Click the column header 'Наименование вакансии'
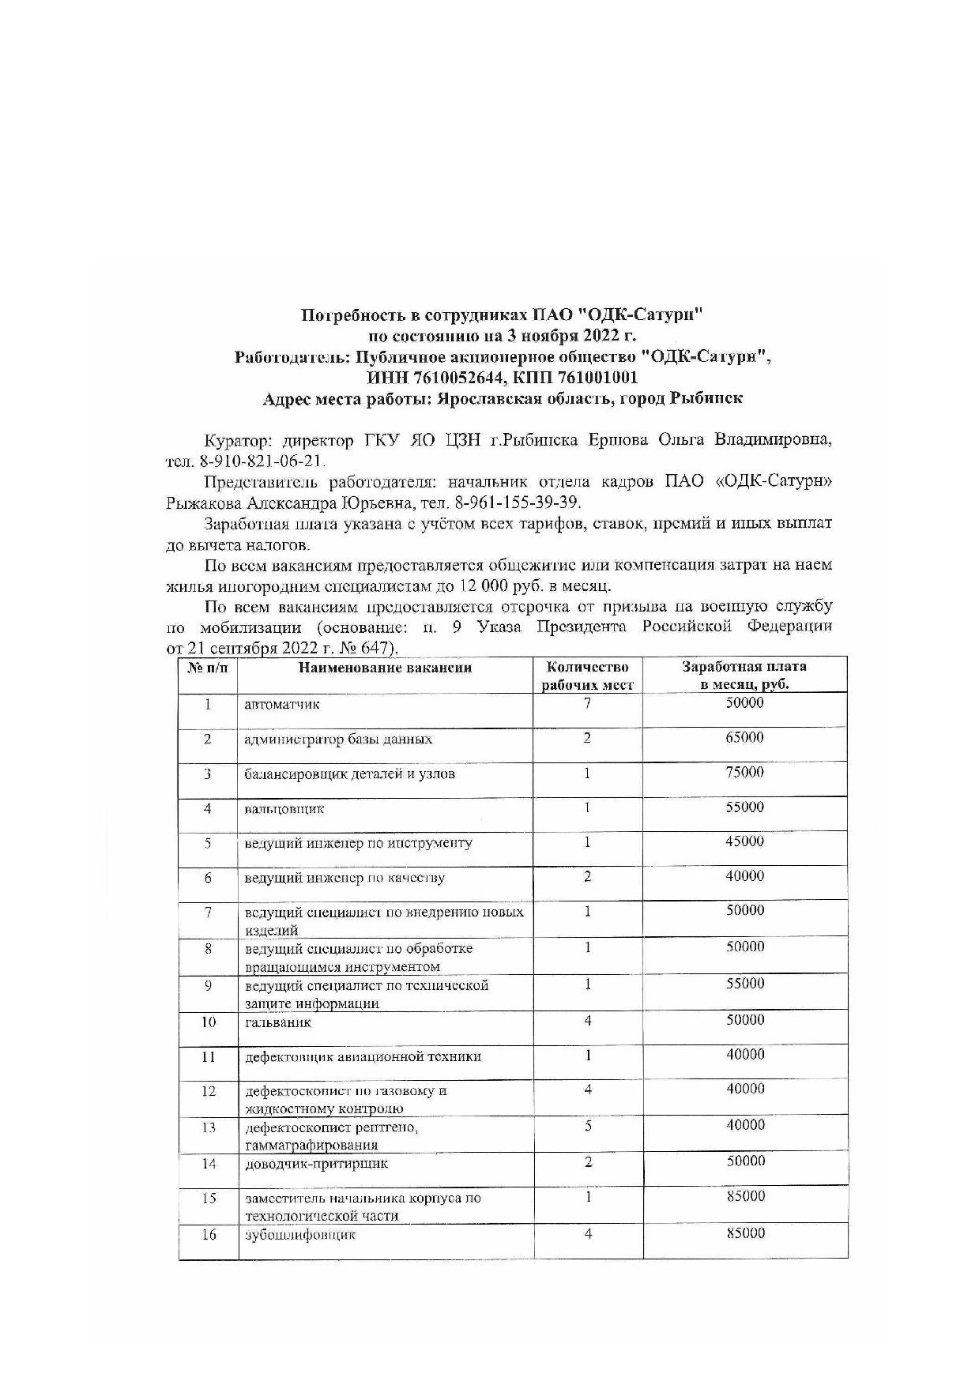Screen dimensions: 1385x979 click(x=385, y=668)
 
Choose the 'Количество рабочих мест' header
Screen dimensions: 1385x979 click(x=587, y=676)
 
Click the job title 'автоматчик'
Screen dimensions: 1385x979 click(x=282, y=704)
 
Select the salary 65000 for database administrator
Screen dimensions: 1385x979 click(x=744, y=738)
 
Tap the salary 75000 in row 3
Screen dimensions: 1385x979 click(x=744, y=772)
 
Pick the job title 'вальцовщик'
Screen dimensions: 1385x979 click(x=284, y=808)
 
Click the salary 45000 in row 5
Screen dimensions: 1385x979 click(x=744, y=841)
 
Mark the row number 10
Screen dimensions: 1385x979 click(x=209, y=1022)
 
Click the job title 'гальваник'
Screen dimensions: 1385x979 click(x=278, y=1022)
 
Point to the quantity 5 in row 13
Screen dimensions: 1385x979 click(x=588, y=1126)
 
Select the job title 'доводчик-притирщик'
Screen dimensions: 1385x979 click(x=316, y=1164)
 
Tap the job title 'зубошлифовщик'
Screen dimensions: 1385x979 click(x=300, y=1234)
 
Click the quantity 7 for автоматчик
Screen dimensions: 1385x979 click(x=587, y=702)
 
